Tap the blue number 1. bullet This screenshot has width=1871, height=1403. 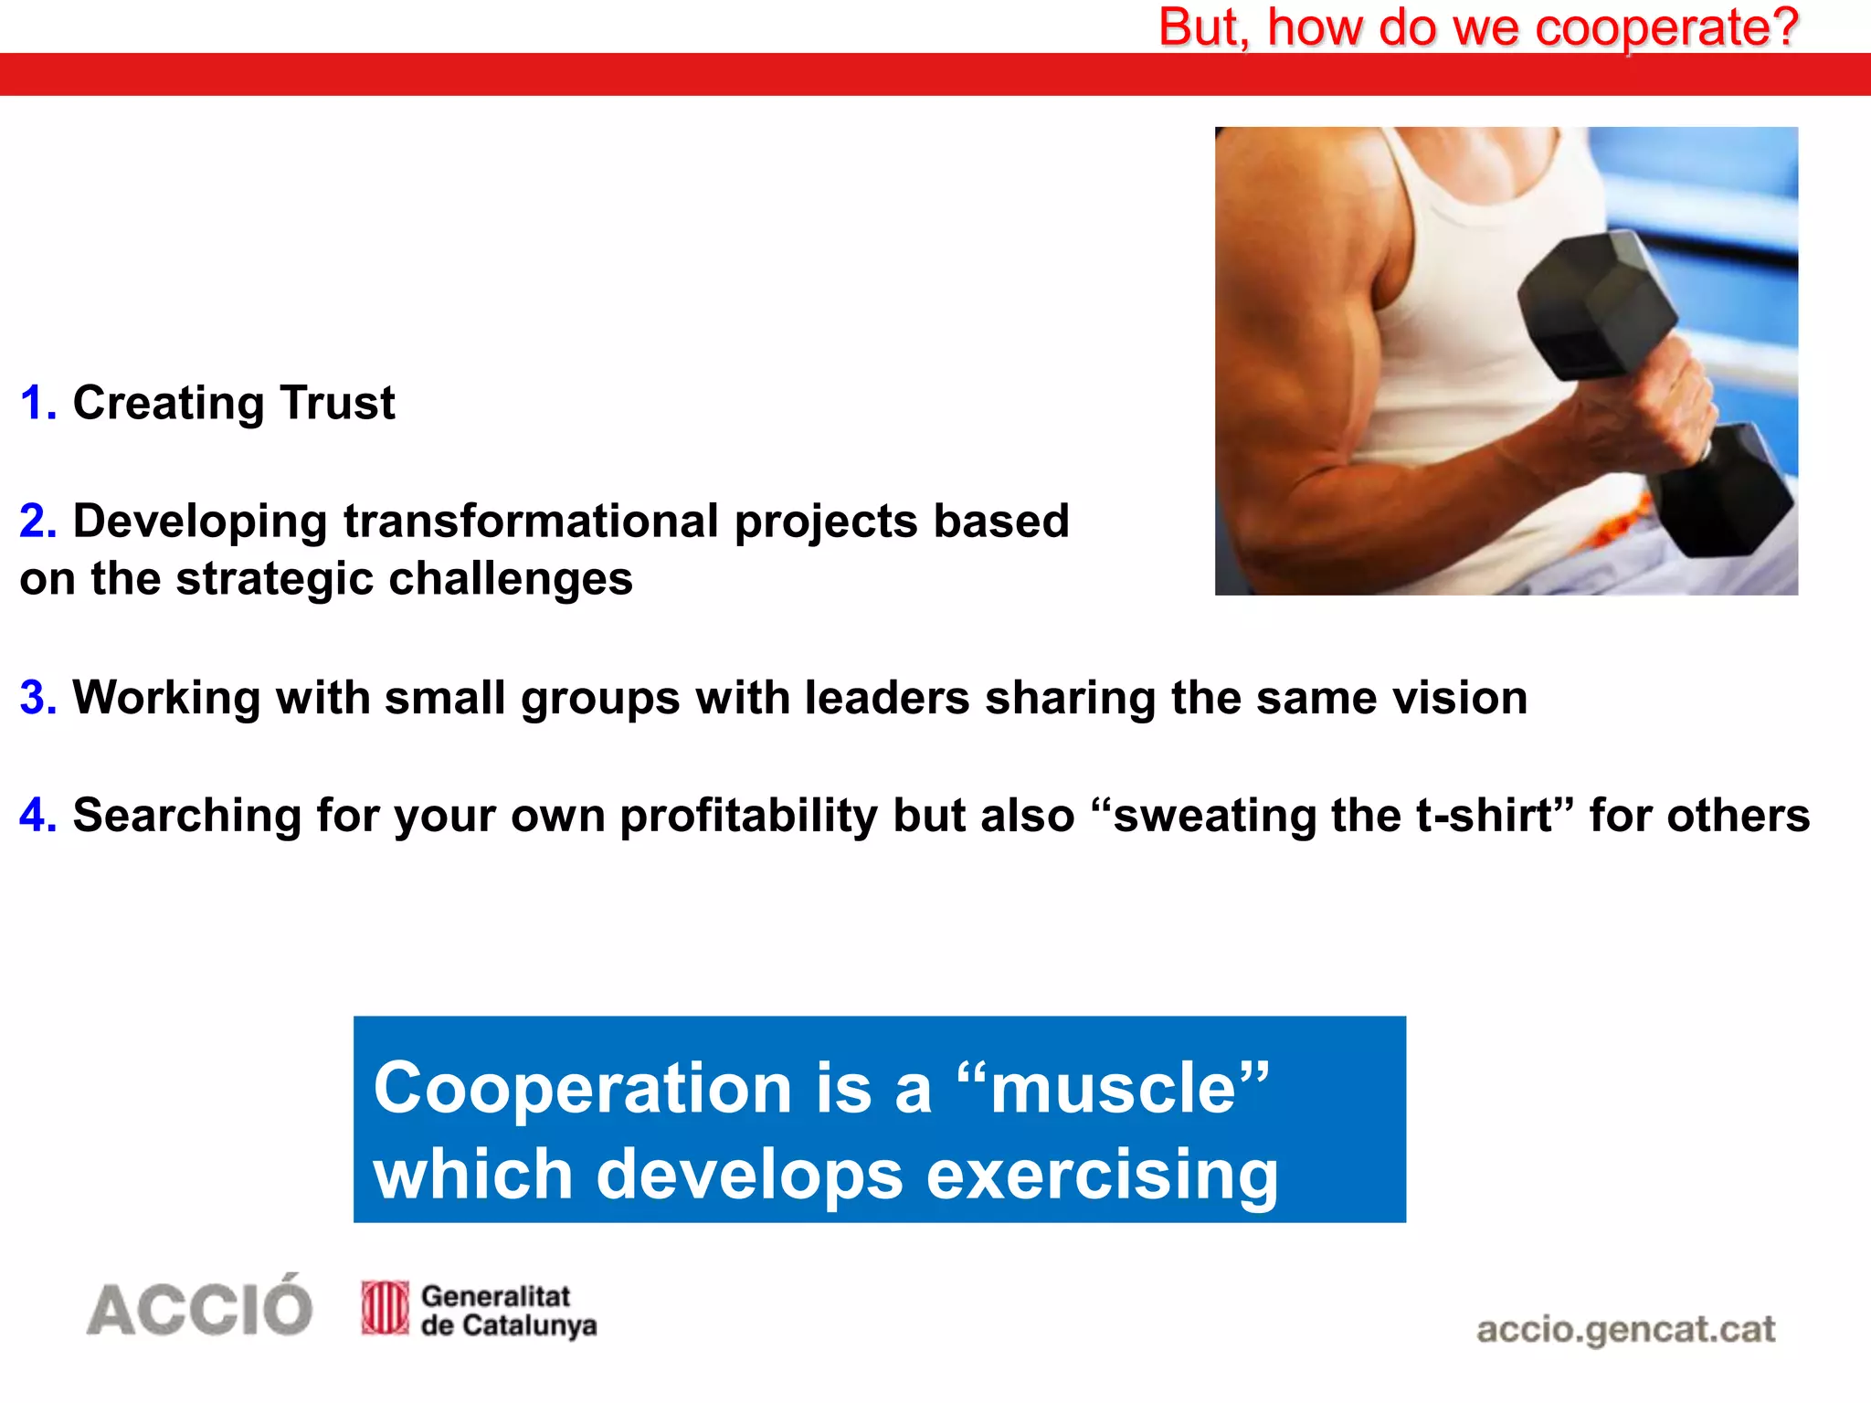pos(38,403)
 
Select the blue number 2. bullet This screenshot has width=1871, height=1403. pos(38,522)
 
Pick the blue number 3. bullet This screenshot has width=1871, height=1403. pos(38,698)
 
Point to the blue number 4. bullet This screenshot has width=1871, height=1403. pos(38,816)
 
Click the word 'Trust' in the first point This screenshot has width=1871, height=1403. pos(337,403)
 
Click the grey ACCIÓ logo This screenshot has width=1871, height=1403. pos(199,1308)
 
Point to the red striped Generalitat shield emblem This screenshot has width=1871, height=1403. pos(385,1308)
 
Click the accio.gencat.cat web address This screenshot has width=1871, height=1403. pos(1625,1329)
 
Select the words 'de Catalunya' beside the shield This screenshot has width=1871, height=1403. pos(508,1325)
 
